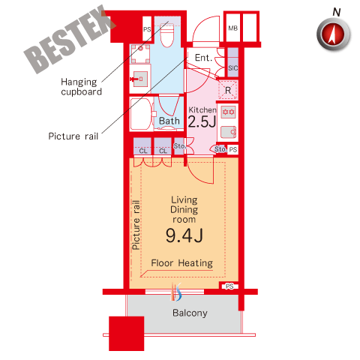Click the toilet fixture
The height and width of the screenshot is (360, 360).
click(166, 35)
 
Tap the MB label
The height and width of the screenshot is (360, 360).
click(232, 28)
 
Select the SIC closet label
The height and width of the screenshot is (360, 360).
click(233, 67)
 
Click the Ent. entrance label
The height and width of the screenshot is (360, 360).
click(203, 58)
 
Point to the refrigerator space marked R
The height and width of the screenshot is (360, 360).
click(228, 90)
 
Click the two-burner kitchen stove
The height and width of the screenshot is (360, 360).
click(229, 112)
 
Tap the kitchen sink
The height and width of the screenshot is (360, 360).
click(228, 132)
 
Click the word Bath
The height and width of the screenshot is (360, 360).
click(169, 121)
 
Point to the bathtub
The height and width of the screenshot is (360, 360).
click(140, 114)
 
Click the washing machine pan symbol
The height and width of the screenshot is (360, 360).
click(140, 54)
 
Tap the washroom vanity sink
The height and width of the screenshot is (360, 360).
click(139, 79)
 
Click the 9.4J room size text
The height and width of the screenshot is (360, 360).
click(184, 235)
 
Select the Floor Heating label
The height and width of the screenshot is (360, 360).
click(182, 263)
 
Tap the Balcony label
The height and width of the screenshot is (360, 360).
click(190, 313)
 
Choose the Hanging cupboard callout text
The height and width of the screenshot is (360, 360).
click(82, 87)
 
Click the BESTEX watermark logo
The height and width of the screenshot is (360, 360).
click(70, 39)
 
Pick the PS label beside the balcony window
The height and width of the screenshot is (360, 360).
click(229, 286)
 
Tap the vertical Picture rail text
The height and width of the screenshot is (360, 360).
click(136, 225)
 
